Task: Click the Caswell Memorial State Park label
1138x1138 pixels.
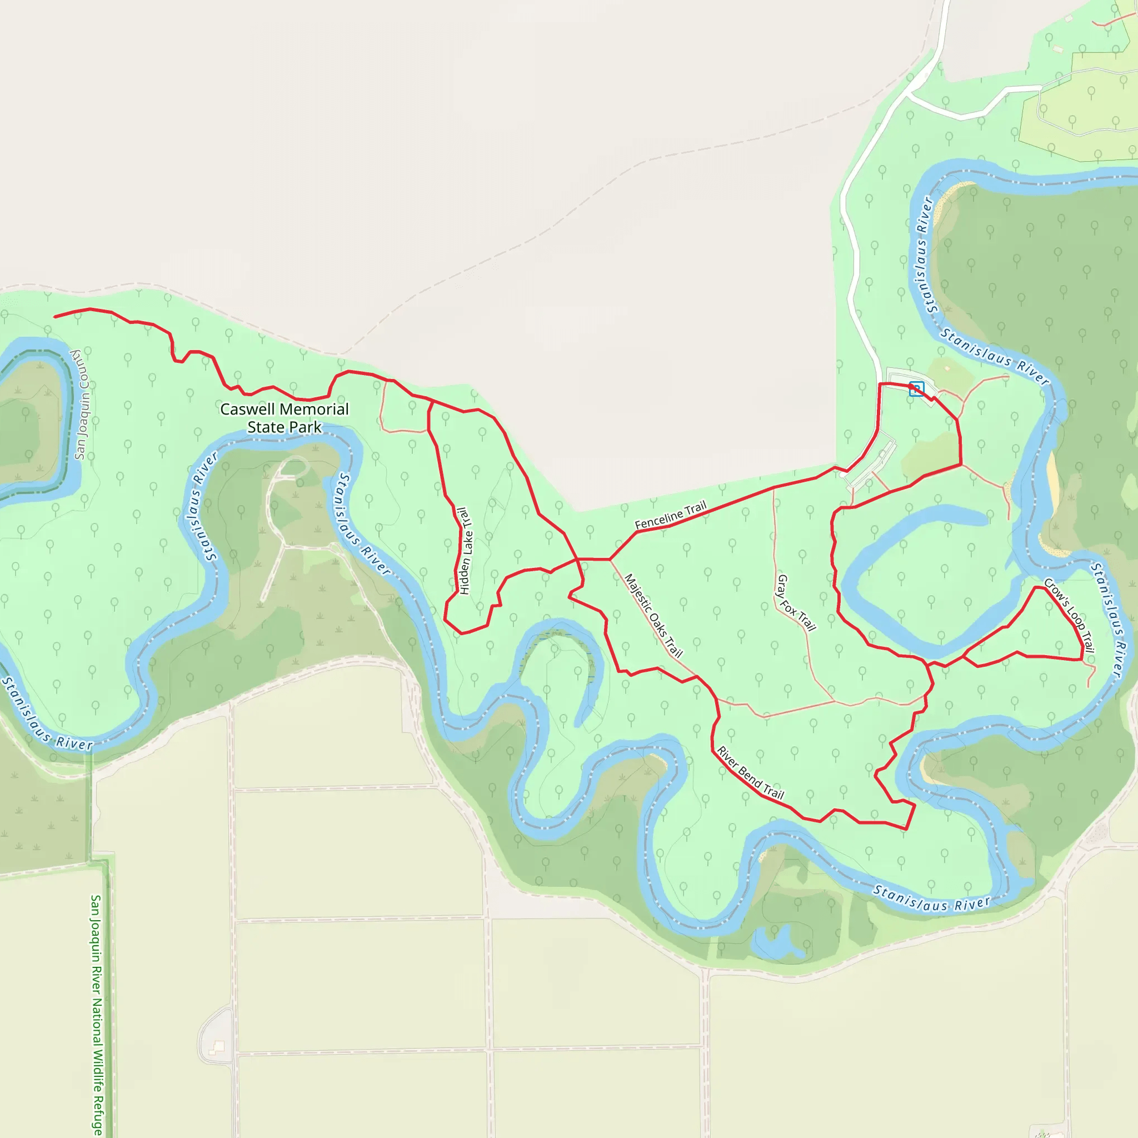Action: [x=284, y=418]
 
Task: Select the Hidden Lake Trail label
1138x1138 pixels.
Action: [x=465, y=551]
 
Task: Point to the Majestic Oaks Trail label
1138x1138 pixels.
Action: [x=653, y=616]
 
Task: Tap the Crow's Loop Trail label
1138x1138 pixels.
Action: [x=1069, y=615]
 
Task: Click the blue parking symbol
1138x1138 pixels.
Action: [x=916, y=389]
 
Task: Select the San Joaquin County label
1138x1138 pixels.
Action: [x=82, y=404]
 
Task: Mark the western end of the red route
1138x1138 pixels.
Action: [x=55, y=317]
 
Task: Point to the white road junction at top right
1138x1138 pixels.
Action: [x=910, y=93]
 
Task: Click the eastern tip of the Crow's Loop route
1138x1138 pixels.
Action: [x=1082, y=659]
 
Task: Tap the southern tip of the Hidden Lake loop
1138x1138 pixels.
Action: [x=461, y=634]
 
